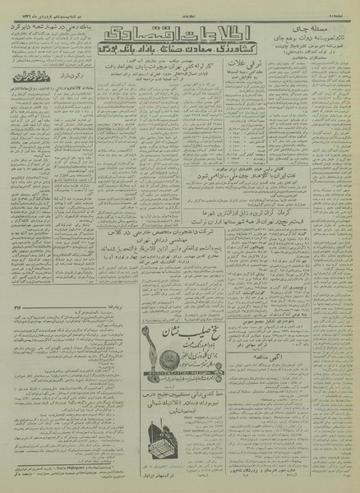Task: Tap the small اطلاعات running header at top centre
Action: point(179,7)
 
